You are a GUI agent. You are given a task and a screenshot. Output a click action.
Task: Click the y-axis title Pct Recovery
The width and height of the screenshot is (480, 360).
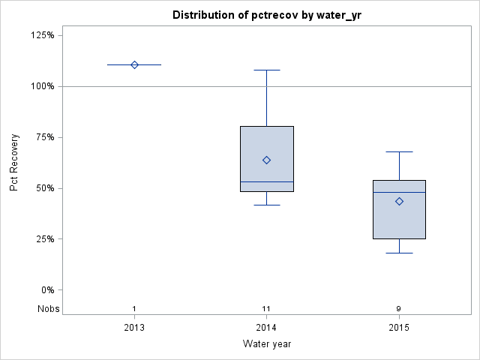(x=14, y=163)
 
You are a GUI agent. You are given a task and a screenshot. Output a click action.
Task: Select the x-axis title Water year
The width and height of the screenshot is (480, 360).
(x=266, y=343)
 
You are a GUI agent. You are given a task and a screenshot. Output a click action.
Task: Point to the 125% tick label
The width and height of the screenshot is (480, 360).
(x=43, y=35)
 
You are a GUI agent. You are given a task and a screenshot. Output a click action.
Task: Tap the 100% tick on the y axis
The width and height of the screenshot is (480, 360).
(x=43, y=86)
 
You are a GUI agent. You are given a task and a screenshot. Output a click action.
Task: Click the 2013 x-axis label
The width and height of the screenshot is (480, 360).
(x=134, y=328)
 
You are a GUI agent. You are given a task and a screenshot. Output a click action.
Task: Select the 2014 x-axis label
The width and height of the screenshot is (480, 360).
(x=266, y=328)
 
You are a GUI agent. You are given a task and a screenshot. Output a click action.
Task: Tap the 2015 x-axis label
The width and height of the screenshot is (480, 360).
(x=399, y=328)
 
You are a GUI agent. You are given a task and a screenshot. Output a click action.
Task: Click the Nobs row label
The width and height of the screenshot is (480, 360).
(x=46, y=309)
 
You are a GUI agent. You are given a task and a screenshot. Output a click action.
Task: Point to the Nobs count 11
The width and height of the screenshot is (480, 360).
(x=266, y=309)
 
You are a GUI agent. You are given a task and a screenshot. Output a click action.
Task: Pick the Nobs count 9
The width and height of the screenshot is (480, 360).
(x=399, y=309)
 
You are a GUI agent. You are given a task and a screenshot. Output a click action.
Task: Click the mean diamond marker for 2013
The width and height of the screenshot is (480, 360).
(x=134, y=64)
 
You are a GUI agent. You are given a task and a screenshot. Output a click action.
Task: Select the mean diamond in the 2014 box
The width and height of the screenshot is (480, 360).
(x=266, y=160)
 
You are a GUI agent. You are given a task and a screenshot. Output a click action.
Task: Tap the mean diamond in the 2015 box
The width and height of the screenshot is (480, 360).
(x=399, y=201)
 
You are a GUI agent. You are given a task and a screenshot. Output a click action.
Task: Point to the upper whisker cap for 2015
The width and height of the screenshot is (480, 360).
(x=399, y=151)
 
